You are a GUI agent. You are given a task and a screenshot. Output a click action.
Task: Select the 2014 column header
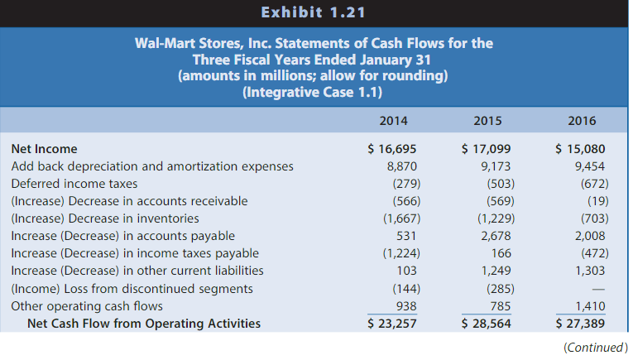(x=392, y=121)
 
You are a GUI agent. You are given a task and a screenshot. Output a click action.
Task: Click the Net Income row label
(x=44, y=149)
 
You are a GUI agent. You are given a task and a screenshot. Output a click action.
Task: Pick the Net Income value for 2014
(x=391, y=149)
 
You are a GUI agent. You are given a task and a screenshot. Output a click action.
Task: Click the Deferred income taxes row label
(x=74, y=184)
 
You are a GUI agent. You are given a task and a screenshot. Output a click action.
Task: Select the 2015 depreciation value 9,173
(x=495, y=166)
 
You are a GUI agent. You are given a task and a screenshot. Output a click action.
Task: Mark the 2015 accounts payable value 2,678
(x=496, y=236)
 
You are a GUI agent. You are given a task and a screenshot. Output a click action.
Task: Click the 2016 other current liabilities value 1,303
(x=590, y=271)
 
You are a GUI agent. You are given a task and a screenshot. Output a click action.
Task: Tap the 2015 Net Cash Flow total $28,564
(x=486, y=323)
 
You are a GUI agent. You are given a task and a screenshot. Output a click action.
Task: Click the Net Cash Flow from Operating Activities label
(x=144, y=323)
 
